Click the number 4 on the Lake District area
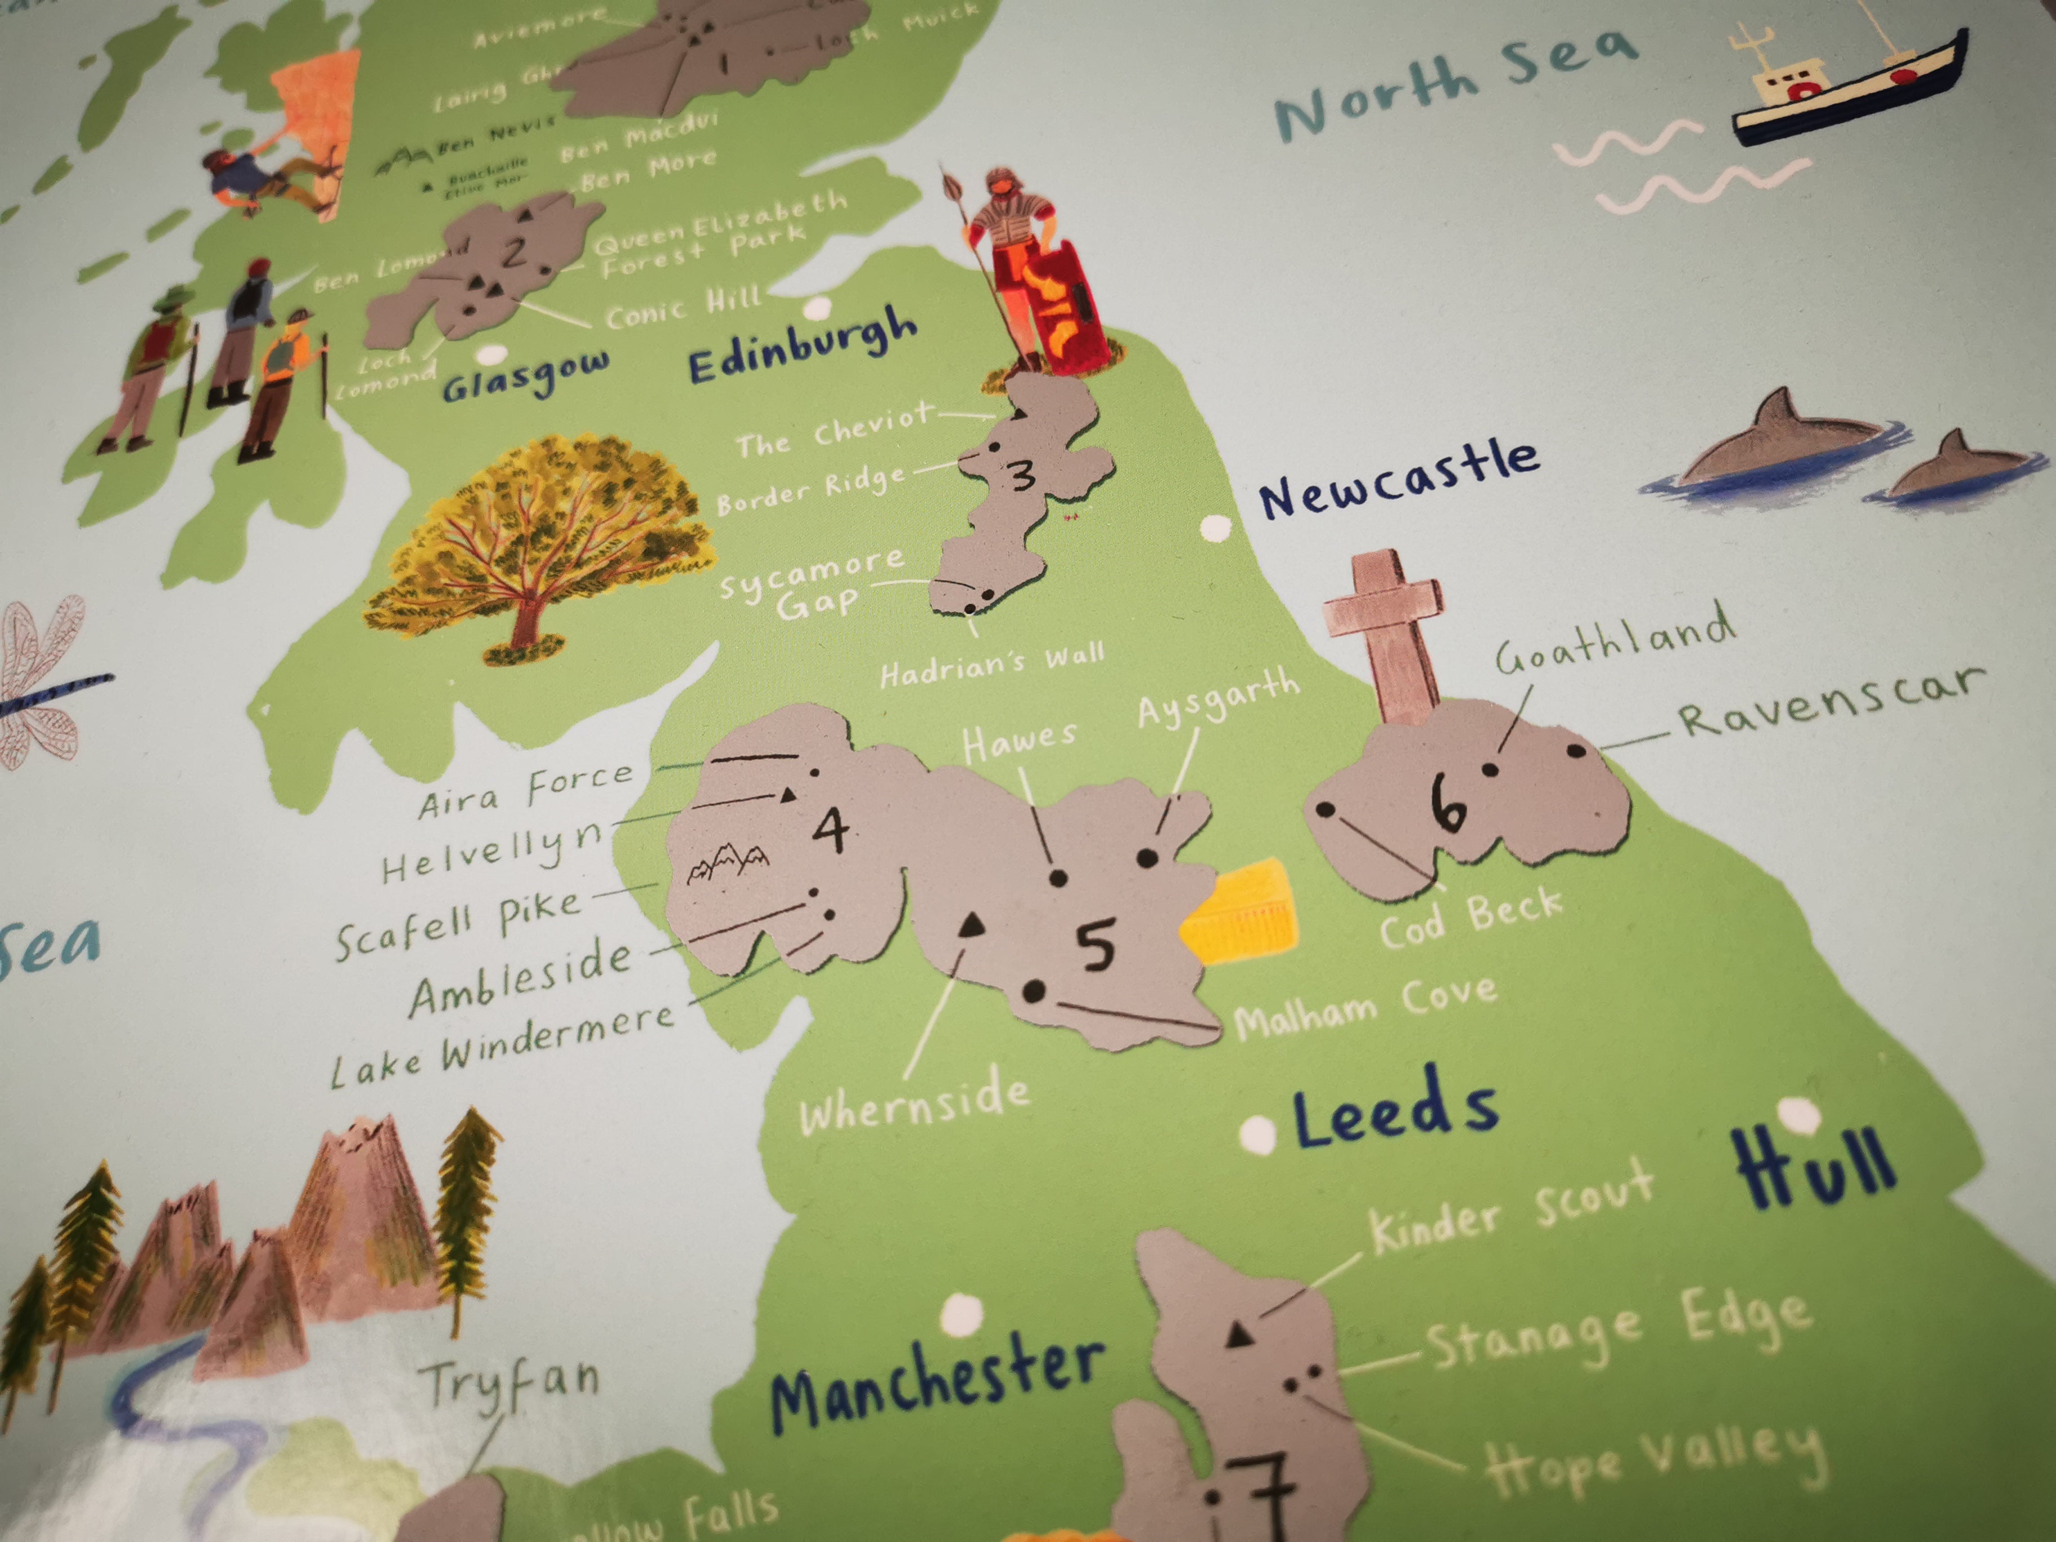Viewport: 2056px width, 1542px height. click(830, 827)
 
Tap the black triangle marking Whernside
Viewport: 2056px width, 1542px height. click(971, 923)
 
